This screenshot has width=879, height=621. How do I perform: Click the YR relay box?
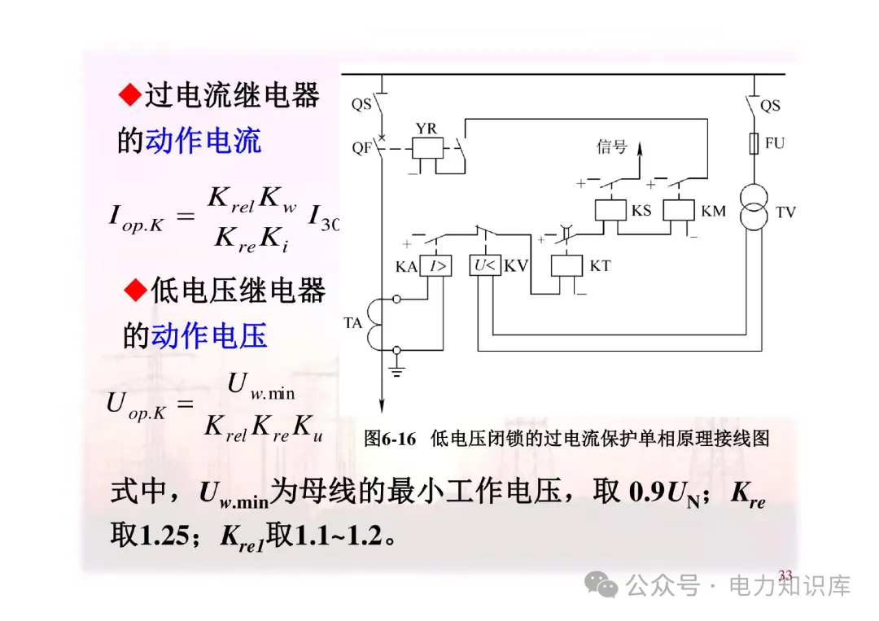(x=427, y=149)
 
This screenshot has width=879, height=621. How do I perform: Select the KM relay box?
(x=678, y=211)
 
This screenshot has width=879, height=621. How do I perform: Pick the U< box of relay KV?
(x=485, y=266)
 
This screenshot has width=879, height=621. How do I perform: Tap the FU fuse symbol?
(x=754, y=144)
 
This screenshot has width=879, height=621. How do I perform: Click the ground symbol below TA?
(x=397, y=370)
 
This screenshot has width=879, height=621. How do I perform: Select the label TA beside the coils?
(x=352, y=323)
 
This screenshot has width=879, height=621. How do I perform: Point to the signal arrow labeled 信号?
(x=638, y=155)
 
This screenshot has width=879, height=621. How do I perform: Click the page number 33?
(x=785, y=575)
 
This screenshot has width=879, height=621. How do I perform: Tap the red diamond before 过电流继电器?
(x=129, y=96)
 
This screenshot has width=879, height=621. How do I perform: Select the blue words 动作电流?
(x=203, y=141)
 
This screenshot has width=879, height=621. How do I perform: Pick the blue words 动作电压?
(x=209, y=335)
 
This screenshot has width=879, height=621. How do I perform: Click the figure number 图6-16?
(x=391, y=439)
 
